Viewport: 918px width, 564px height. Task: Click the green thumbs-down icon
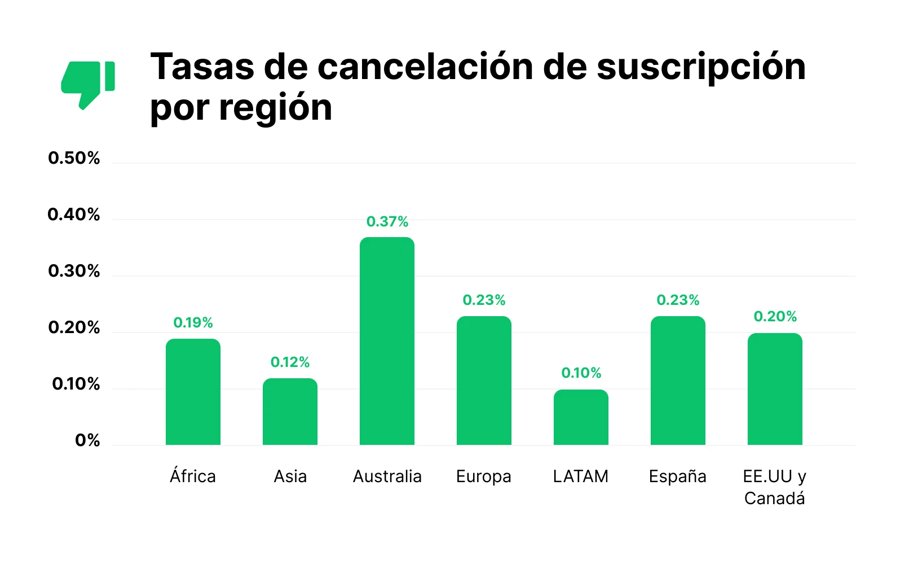tap(87, 84)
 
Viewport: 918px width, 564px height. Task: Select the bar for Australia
tap(387, 341)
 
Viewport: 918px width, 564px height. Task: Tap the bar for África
tap(193, 392)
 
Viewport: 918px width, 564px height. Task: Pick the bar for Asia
tap(290, 412)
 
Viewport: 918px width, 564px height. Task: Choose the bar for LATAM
tap(581, 417)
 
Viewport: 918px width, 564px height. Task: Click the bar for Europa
tap(484, 381)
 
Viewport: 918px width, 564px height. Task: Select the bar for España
tap(678, 381)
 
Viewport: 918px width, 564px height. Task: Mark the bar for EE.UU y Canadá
tap(775, 389)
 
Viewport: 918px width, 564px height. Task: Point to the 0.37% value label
tap(387, 221)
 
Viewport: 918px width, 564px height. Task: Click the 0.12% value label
tap(290, 362)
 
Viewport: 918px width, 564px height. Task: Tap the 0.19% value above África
tap(193, 322)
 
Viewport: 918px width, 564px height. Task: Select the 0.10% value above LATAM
tap(581, 373)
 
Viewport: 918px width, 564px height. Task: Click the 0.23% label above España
tap(678, 300)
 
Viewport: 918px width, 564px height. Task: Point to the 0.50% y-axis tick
tap(74, 158)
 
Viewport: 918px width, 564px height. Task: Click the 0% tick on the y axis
tap(87, 440)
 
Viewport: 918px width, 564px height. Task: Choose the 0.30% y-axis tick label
tap(74, 271)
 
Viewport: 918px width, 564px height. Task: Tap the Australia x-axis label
tap(387, 476)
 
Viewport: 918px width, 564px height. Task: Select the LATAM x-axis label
tap(581, 476)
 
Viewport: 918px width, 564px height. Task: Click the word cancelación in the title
tap(425, 67)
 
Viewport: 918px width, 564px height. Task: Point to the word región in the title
tap(276, 107)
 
